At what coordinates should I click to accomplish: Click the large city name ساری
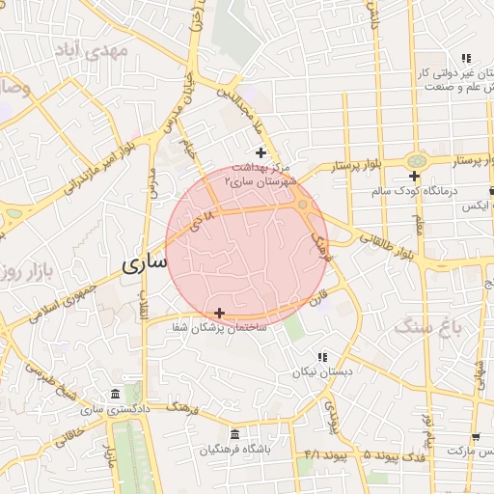146,262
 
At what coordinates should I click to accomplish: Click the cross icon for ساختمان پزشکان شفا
221,312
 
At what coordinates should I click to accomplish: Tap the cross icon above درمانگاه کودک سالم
414,176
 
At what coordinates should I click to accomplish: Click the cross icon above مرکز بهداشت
261,152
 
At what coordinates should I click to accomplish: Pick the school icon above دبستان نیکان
322,357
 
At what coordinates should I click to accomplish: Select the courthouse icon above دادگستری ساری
116,395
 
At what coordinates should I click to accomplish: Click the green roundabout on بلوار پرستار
416,161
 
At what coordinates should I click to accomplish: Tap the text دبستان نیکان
318,371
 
